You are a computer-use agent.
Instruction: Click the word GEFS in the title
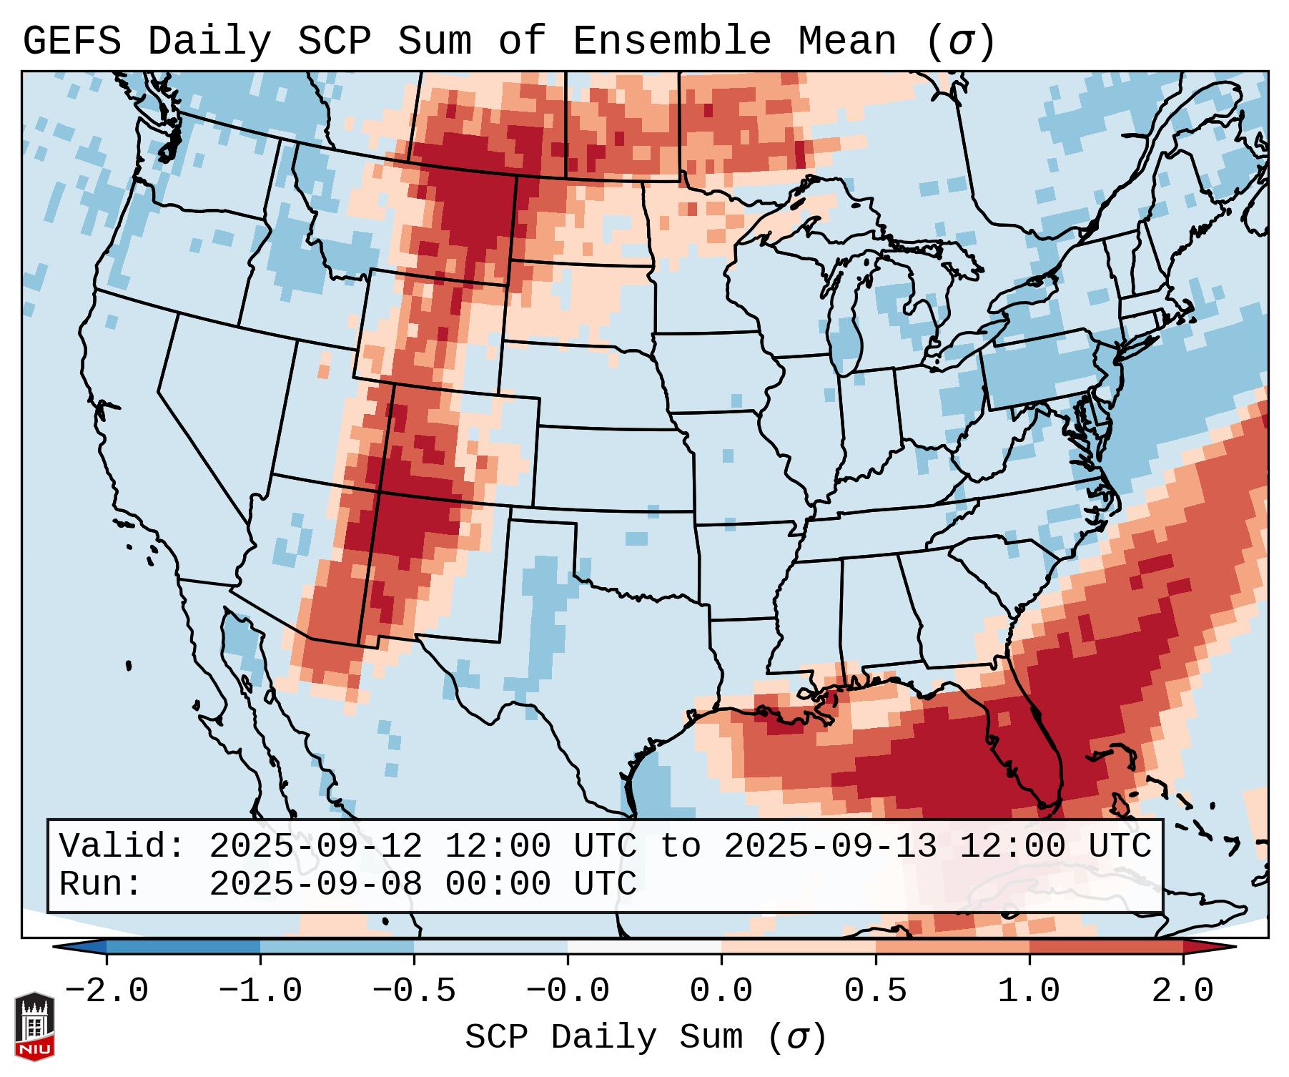(x=71, y=41)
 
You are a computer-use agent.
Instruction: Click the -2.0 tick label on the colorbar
(x=107, y=991)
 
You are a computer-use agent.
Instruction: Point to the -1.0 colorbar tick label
(x=260, y=991)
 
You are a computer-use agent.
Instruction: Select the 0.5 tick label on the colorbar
(x=875, y=991)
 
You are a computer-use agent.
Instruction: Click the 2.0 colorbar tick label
(x=1182, y=991)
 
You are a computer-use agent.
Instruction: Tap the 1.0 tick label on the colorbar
(x=1029, y=991)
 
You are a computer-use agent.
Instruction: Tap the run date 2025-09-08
(x=315, y=885)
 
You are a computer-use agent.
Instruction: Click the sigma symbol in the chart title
(x=960, y=41)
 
